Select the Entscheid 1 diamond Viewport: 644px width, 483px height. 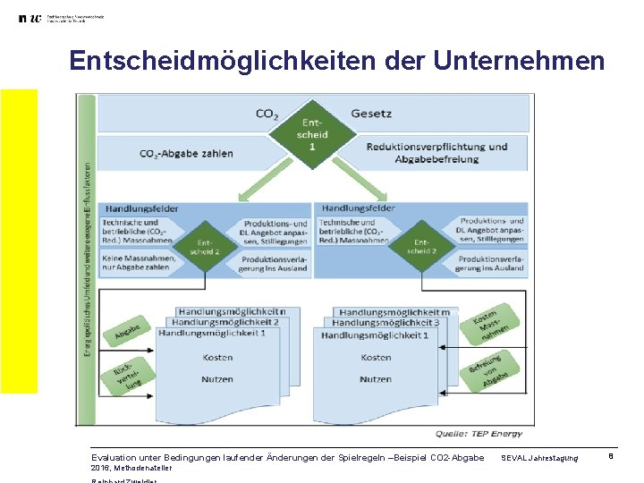point(312,134)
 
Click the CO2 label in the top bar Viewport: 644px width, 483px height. point(267,114)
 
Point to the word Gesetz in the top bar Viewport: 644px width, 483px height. point(371,114)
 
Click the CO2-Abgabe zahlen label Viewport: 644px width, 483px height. point(186,153)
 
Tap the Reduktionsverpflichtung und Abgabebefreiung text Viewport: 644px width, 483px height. point(436,153)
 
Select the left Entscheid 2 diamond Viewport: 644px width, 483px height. point(205,246)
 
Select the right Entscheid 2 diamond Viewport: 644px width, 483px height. point(421,246)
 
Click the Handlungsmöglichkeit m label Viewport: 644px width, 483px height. point(399,311)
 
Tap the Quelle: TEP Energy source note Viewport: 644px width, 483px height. point(478,434)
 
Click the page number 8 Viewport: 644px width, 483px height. point(610,457)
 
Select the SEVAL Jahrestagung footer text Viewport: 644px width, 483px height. point(538,458)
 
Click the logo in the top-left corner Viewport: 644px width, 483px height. point(30,19)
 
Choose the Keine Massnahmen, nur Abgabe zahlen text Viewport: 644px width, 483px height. point(135,262)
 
